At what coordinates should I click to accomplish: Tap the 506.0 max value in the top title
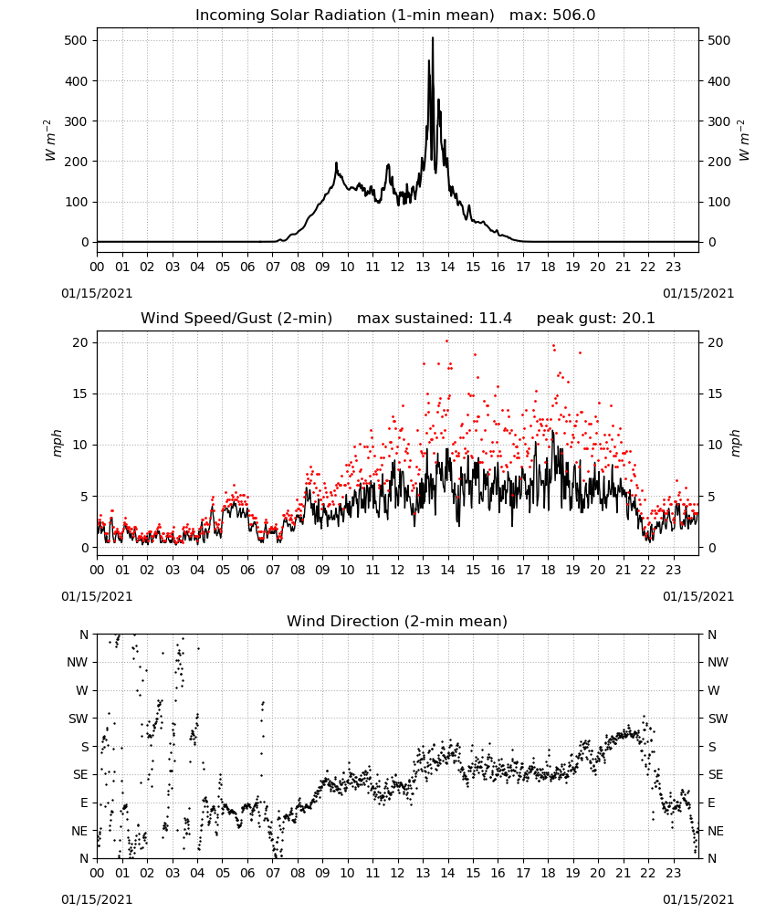coord(574,16)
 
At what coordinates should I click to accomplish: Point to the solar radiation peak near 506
coord(433,38)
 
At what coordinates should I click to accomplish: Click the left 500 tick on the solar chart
coord(77,41)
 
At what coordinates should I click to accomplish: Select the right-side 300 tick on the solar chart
coord(719,121)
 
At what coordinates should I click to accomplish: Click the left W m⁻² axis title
coord(50,141)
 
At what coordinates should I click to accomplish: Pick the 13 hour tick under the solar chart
coord(423,268)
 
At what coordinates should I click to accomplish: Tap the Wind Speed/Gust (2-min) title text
coord(236,319)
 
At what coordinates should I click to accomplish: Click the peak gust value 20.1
coord(637,319)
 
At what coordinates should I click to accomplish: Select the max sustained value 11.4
coord(496,319)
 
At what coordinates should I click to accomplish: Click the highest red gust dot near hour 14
coord(446,341)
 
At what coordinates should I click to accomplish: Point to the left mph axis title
coord(57,443)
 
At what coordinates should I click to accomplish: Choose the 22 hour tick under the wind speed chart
coord(648,570)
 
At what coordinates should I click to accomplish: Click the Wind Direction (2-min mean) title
coord(397,621)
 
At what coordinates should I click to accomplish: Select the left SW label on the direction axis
coord(79,719)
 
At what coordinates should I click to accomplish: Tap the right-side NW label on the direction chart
coord(718,662)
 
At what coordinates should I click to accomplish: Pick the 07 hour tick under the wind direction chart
coord(272,874)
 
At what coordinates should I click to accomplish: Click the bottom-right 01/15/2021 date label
coord(698,899)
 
